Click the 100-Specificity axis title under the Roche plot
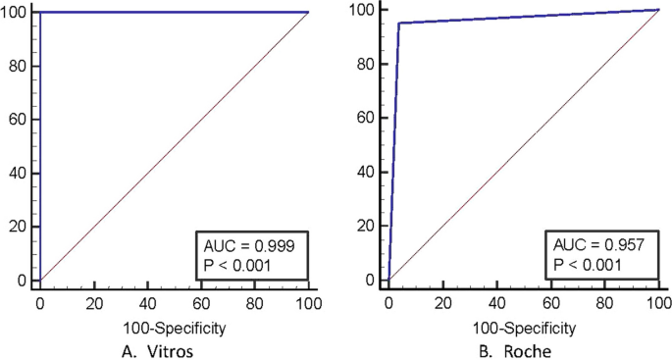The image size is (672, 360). (x=524, y=327)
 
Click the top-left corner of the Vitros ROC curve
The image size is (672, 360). (x=40, y=13)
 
